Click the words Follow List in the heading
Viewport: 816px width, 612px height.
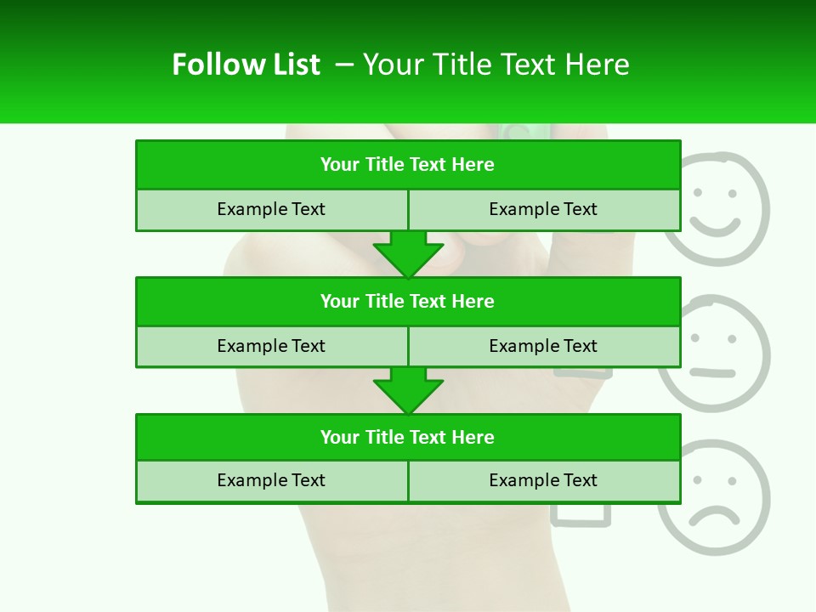pos(246,65)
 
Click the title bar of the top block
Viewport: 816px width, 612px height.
pos(407,165)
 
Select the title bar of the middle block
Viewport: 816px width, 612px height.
pos(407,302)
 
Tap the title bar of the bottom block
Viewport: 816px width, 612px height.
pos(407,438)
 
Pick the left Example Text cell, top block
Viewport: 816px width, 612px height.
pos(271,210)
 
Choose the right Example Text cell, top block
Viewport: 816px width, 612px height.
pos(543,210)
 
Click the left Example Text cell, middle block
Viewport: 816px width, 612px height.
pos(271,347)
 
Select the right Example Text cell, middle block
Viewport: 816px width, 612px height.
pos(543,347)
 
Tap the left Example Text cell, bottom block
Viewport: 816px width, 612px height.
pos(271,481)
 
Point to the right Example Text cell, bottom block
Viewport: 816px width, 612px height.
pos(543,481)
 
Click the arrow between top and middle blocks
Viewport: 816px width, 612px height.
pos(408,254)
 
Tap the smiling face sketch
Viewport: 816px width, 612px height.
pos(716,208)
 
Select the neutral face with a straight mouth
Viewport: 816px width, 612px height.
pos(714,353)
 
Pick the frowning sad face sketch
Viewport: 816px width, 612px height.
pos(714,497)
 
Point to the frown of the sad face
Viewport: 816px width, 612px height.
pos(714,515)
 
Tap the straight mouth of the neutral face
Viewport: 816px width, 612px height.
pos(712,373)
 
